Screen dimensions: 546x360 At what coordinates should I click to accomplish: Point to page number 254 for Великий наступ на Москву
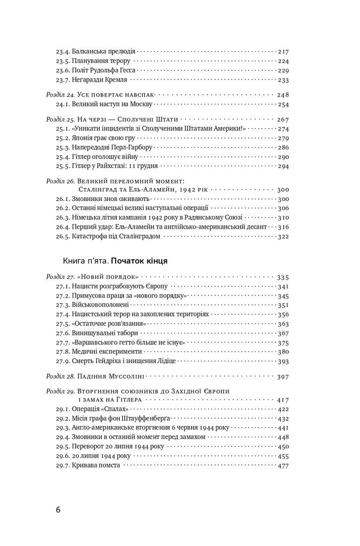(x=283, y=105)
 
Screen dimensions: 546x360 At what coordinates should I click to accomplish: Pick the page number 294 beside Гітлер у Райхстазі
(x=283, y=167)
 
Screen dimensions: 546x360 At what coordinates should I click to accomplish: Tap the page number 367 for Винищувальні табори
(x=283, y=333)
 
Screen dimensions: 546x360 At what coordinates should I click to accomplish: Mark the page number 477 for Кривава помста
(x=283, y=465)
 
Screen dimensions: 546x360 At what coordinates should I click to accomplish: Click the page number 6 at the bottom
(x=58, y=509)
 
